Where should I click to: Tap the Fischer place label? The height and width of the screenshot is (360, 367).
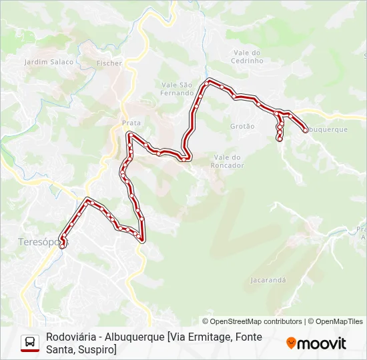coord(109,63)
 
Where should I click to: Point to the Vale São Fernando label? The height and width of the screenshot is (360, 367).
coord(177,89)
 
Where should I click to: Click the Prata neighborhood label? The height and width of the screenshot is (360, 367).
coord(131,123)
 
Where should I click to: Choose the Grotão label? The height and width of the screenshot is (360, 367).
coord(242,126)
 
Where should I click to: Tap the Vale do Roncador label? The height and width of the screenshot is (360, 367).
coord(228,161)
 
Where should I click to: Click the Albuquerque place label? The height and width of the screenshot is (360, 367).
coord(327,129)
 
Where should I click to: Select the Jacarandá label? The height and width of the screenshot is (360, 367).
coord(268,280)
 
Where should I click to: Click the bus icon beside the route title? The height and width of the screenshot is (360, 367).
coord(30,343)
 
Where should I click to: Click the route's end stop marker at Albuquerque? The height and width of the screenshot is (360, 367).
coord(305,130)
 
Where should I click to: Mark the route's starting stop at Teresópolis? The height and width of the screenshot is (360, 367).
coord(62,245)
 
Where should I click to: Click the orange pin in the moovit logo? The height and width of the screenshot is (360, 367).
coord(291,343)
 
